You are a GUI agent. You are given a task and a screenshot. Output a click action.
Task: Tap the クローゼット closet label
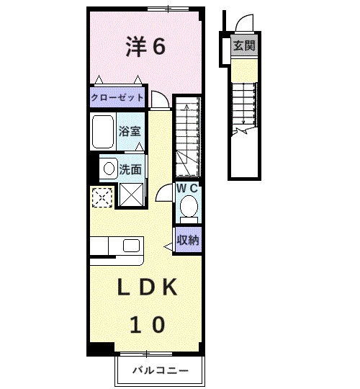click(x=117, y=97)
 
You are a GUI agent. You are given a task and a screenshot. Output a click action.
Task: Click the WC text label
click(x=188, y=188)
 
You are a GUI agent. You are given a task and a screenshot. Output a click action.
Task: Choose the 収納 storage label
click(x=188, y=240)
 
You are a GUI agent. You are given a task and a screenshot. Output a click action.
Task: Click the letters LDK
click(x=148, y=288)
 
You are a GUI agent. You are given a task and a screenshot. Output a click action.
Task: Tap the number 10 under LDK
click(x=148, y=324)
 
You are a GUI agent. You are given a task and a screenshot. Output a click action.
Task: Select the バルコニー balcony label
click(x=160, y=371)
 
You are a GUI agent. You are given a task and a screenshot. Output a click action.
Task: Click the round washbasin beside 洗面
click(x=107, y=169)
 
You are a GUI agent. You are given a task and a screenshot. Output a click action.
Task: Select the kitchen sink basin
click(x=132, y=246)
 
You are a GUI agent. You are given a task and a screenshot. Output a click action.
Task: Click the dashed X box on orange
click(x=102, y=196)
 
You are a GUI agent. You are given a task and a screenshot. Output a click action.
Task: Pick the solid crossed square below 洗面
click(x=131, y=194)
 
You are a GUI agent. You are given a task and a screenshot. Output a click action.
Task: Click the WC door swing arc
click(x=164, y=193)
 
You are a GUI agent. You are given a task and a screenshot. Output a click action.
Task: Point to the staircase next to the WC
click(x=187, y=137)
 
